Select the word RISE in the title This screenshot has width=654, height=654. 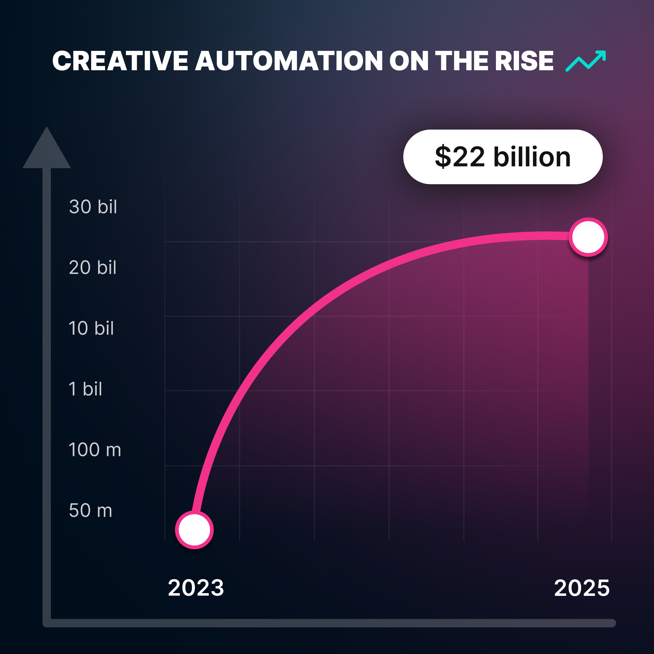(524, 61)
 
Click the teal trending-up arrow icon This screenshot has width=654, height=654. (586, 61)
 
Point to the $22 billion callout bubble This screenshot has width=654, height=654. (503, 157)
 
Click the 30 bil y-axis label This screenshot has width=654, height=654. (93, 206)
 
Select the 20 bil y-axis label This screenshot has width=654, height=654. (93, 267)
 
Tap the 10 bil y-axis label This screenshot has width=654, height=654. (91, 328)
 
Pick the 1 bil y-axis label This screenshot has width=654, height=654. (85, 388)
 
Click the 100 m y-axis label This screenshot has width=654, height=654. (95, 450)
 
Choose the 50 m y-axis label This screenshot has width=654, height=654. (91, 510)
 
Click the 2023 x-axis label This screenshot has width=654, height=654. (196, 588)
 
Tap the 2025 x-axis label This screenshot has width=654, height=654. (582, 588)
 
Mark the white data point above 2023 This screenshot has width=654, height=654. (194, 530)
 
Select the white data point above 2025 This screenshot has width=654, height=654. (588, 237)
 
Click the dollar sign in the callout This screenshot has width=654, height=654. (443, 157)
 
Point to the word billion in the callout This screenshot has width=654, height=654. (532, 157)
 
